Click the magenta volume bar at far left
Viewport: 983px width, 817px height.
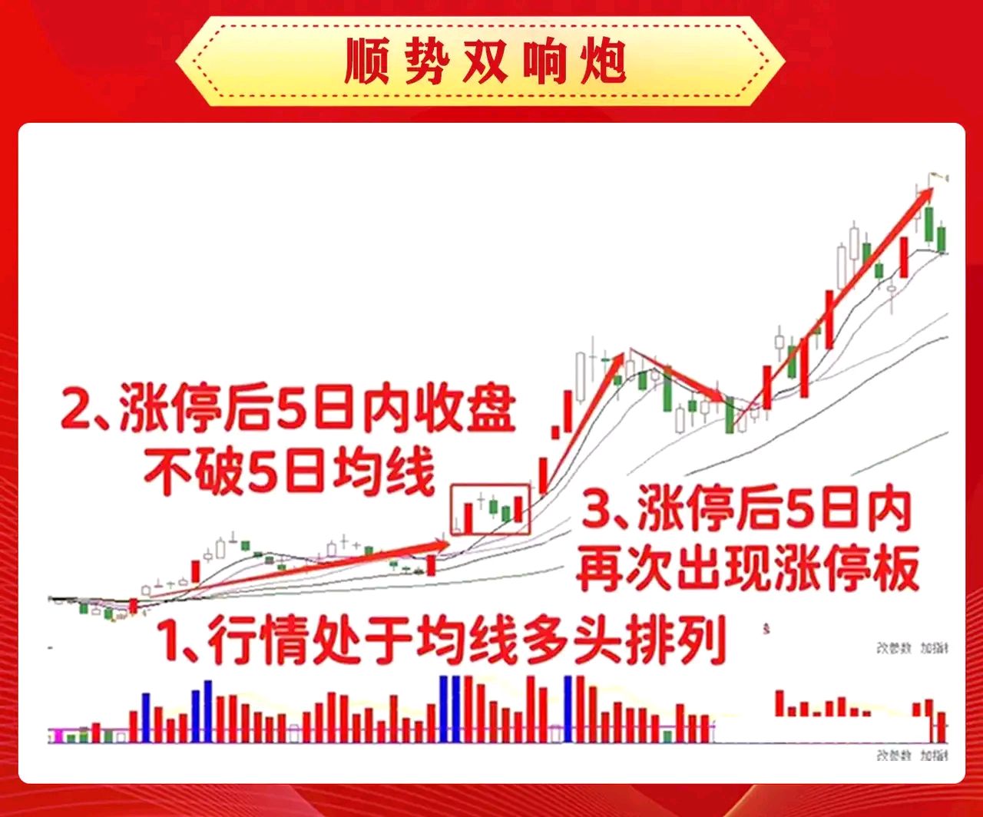point(58,736)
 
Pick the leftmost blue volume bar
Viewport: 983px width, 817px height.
point(146,717)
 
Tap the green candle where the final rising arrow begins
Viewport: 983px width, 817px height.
point(730,415)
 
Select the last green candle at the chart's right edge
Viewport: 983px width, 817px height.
point(942,240)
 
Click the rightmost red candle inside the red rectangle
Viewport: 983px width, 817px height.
point(518,510)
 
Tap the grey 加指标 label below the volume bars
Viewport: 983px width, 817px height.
point(935,756)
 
